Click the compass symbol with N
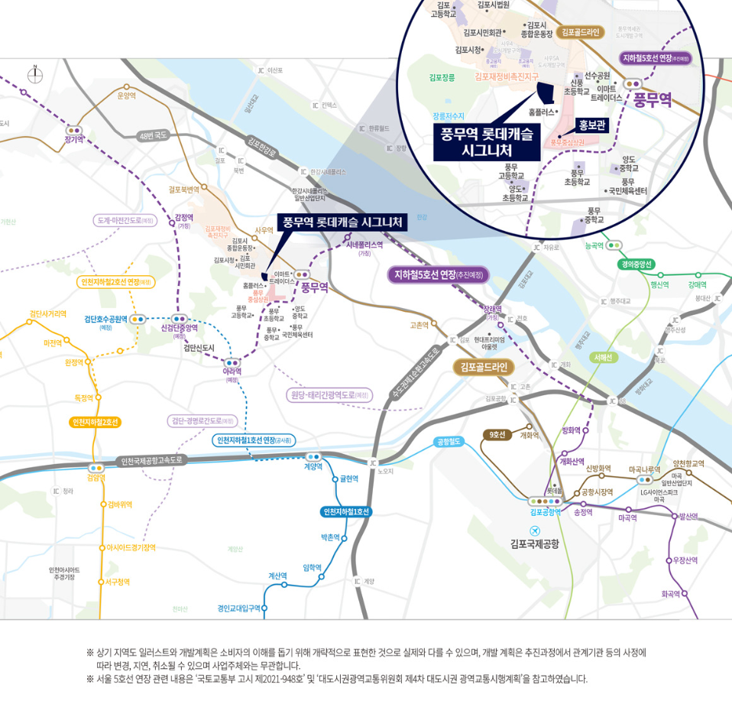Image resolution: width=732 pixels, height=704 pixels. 34,74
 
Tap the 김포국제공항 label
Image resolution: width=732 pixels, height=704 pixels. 535,544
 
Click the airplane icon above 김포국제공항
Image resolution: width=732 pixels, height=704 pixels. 535,530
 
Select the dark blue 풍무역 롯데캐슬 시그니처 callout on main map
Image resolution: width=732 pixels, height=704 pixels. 342,222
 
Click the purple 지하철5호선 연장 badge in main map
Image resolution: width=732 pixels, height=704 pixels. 437,274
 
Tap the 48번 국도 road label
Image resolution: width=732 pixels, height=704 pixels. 154,135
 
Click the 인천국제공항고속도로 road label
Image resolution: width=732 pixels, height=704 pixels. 153,460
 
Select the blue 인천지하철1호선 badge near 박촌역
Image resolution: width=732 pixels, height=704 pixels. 346,511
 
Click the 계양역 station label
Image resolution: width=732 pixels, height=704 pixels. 313,466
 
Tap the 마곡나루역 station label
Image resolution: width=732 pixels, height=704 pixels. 644,469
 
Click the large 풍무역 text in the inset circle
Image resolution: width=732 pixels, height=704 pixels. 652,100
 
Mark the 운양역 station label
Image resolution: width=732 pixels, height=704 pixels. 125,96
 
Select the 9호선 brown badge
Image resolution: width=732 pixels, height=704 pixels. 497,435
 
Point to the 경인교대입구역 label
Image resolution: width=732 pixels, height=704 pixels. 238,608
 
